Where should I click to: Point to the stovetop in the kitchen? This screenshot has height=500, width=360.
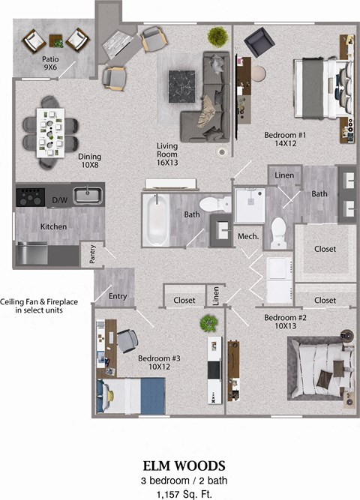click(x=31, y=197)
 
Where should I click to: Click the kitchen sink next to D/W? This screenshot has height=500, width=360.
click(x=87, y=196)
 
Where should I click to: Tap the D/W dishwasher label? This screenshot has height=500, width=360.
click(x=59, y=200)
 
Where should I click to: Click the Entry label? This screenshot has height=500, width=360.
click(x=118, y=296)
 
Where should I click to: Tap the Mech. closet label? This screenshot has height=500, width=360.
click(x=248, y=236)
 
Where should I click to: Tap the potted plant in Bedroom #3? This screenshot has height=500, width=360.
click(x=208, y=324)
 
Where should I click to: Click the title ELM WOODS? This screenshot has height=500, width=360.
click(x=180, y=466)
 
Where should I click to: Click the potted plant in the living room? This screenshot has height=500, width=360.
click(x=218, y=36)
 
